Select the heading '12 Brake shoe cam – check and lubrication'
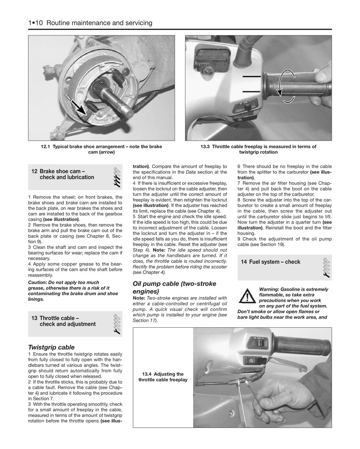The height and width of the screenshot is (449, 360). [x=63, y=174]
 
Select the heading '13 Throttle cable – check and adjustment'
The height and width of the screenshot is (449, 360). [x=63, y=321]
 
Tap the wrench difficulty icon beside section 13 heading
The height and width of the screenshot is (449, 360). [x=117, y=324]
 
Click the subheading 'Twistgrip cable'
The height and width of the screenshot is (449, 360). [x=51, y=347]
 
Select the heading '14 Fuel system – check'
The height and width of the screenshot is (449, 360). [x=270, y=262]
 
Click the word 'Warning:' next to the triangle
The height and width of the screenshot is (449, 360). [x=271, y=289]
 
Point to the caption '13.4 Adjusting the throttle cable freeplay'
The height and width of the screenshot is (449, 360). [x=163, y=377]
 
